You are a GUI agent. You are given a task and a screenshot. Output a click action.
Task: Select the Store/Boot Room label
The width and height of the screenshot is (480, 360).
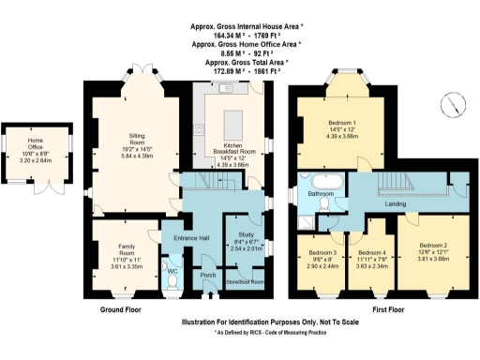tap(243, 280)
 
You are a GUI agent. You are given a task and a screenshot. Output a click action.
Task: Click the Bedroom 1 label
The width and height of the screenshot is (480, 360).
tap(341, 124)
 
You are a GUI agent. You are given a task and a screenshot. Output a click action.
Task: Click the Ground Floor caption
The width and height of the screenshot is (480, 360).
tap(126, 307)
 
